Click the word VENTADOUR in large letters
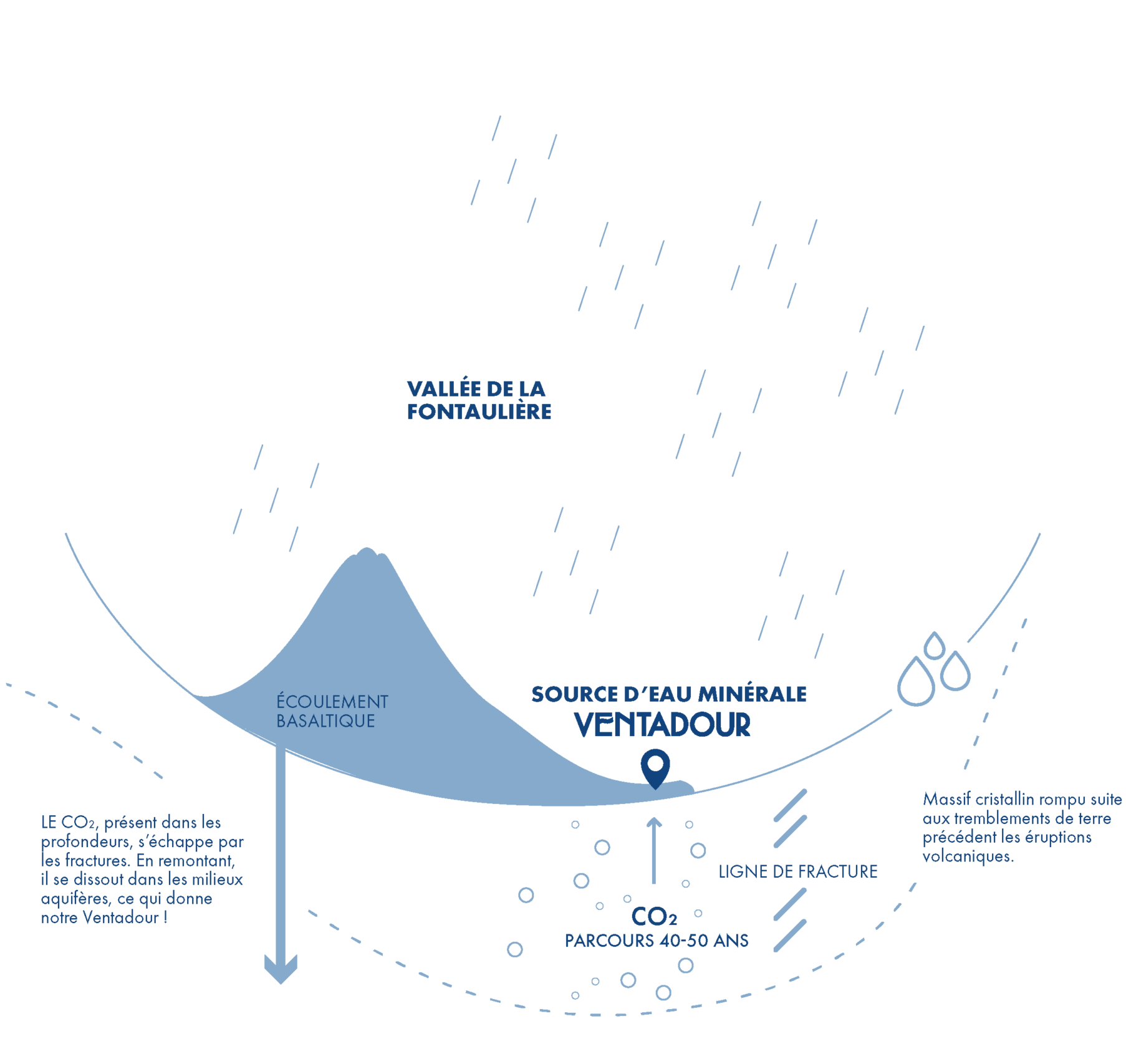(662, 724)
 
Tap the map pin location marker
(655, 766)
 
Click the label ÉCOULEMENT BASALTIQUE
(332, 711)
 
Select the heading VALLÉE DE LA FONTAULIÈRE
(478, 400)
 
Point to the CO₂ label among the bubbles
(653, 917)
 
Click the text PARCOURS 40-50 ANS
(657, 941)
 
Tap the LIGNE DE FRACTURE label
(797, 871)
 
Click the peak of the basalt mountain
(367, 551)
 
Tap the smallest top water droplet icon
(934, 646)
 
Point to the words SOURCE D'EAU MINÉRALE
(668, 694)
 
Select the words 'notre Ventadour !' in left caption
(104, 917)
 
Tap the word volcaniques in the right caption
(968, 856)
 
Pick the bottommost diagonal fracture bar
(790, 936)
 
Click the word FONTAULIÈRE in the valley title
(479, 412)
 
